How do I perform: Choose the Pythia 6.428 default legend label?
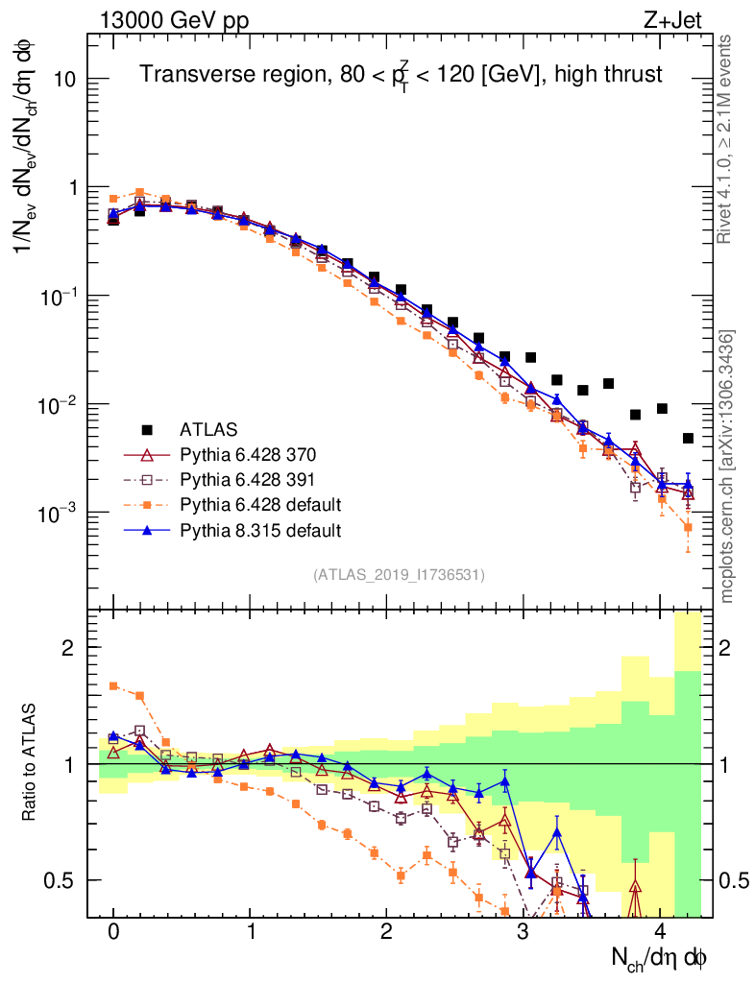click(260, 504)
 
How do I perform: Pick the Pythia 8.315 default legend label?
click(260, 529)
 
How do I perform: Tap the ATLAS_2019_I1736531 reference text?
click(399, 575)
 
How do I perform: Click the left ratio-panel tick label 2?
click(68, 648)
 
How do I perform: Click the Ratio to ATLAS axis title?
click(30, 764)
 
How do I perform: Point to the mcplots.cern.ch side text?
click(727, 467)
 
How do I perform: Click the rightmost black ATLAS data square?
click(688, 438)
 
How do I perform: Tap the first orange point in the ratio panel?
click(113, 685)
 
